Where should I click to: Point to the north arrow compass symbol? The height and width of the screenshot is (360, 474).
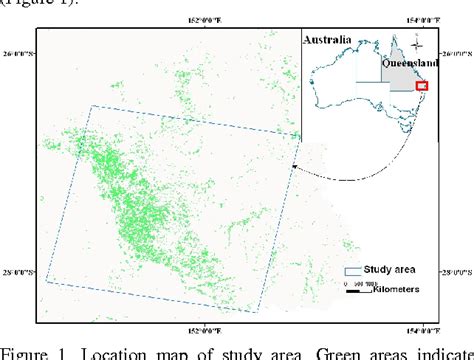point(421,43)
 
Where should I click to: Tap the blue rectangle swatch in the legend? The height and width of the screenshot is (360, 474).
point(352,271)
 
